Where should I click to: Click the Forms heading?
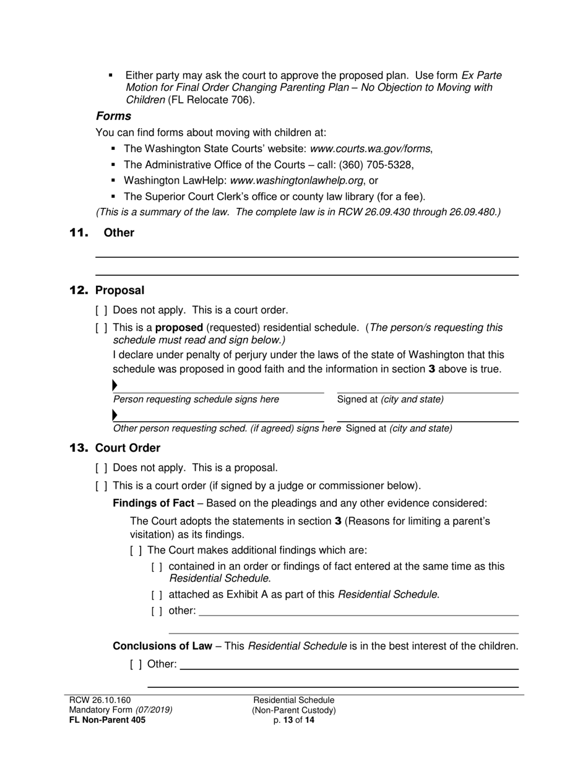pyautogui.click(x=113, y=116)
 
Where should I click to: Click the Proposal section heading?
pyautogui.click(x=119, y=290)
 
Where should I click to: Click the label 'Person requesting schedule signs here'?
pyautogui.click(x=196, y=400)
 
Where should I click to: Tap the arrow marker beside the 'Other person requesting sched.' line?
pyautogui.click(x=115, y=414)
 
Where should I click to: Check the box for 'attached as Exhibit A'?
pyautogui.click(x=157, y=595)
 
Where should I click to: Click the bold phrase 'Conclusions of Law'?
pyautogui.click(x=162, y=646)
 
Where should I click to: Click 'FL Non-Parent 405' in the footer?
pyautogui.click(x=107, y=720)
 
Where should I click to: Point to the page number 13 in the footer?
pyautogui.click(x=288, y=720)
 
